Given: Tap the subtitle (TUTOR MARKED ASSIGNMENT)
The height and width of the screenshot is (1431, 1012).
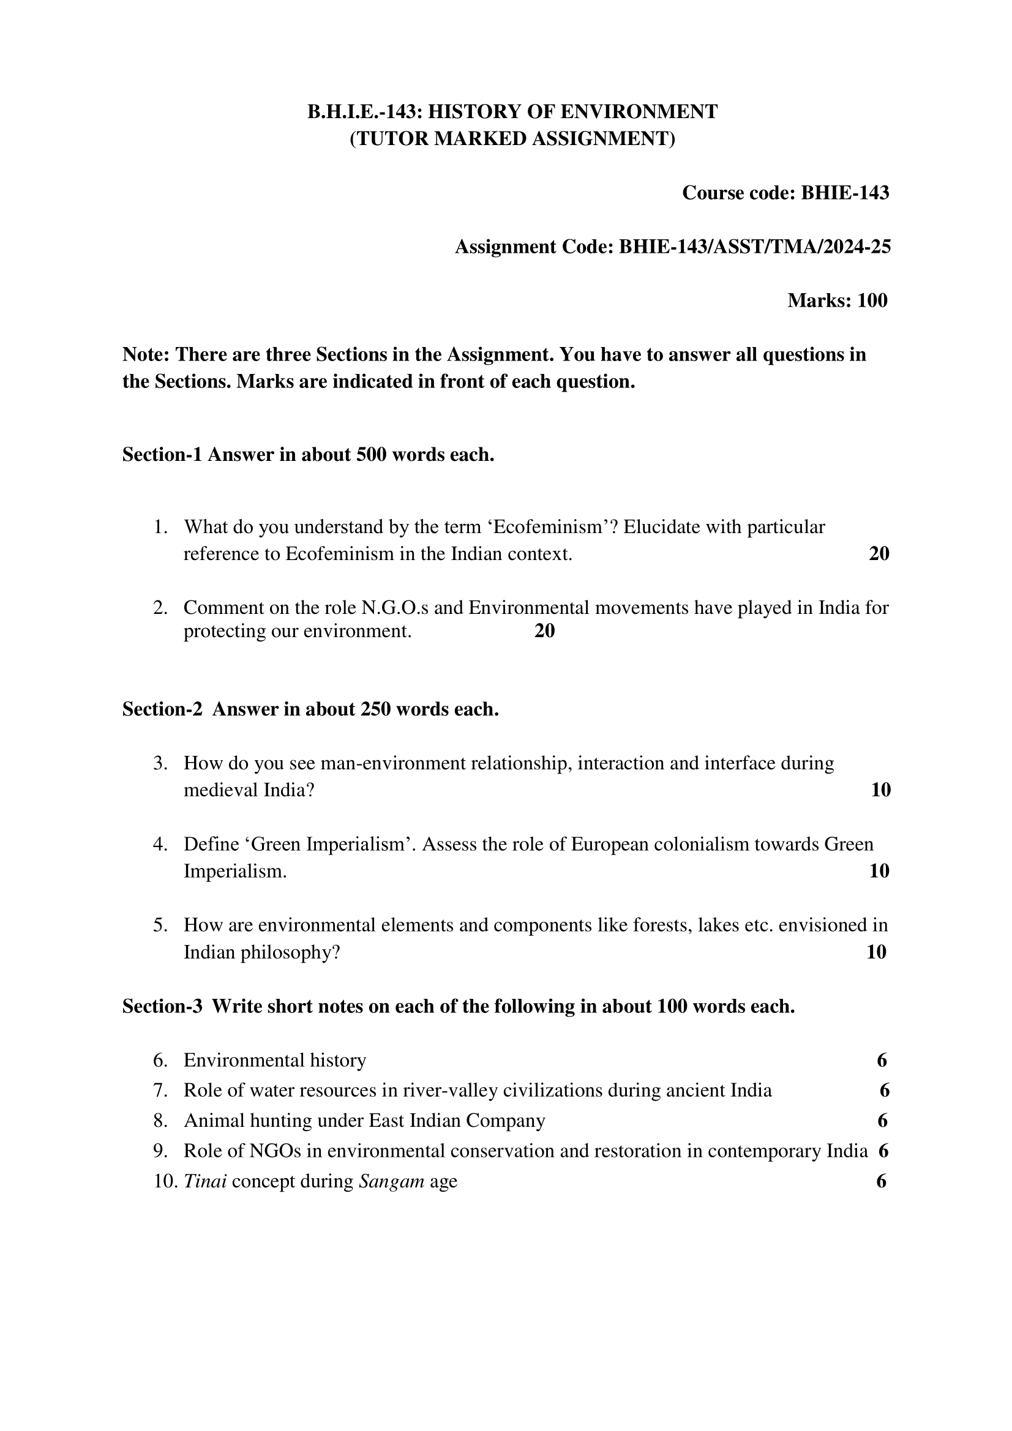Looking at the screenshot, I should coord(512,138).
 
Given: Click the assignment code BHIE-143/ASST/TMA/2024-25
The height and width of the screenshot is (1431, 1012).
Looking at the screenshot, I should coord(754,247).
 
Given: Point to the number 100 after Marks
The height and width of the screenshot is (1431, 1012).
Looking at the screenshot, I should coord(872,301).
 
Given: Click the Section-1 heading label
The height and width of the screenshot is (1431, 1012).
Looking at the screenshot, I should coord(162,455).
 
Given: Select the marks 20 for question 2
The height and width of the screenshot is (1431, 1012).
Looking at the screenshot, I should coord(544,632).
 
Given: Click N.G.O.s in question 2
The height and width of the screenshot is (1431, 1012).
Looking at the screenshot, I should coord(395,607).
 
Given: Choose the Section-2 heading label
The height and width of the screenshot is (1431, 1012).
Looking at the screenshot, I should coord(162,709).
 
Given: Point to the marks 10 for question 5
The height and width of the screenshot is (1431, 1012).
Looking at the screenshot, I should coord(875,952).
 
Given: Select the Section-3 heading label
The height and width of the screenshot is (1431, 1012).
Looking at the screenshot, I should coord(162,1007).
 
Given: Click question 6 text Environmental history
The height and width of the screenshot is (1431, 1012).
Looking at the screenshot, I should coord(274,1060).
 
